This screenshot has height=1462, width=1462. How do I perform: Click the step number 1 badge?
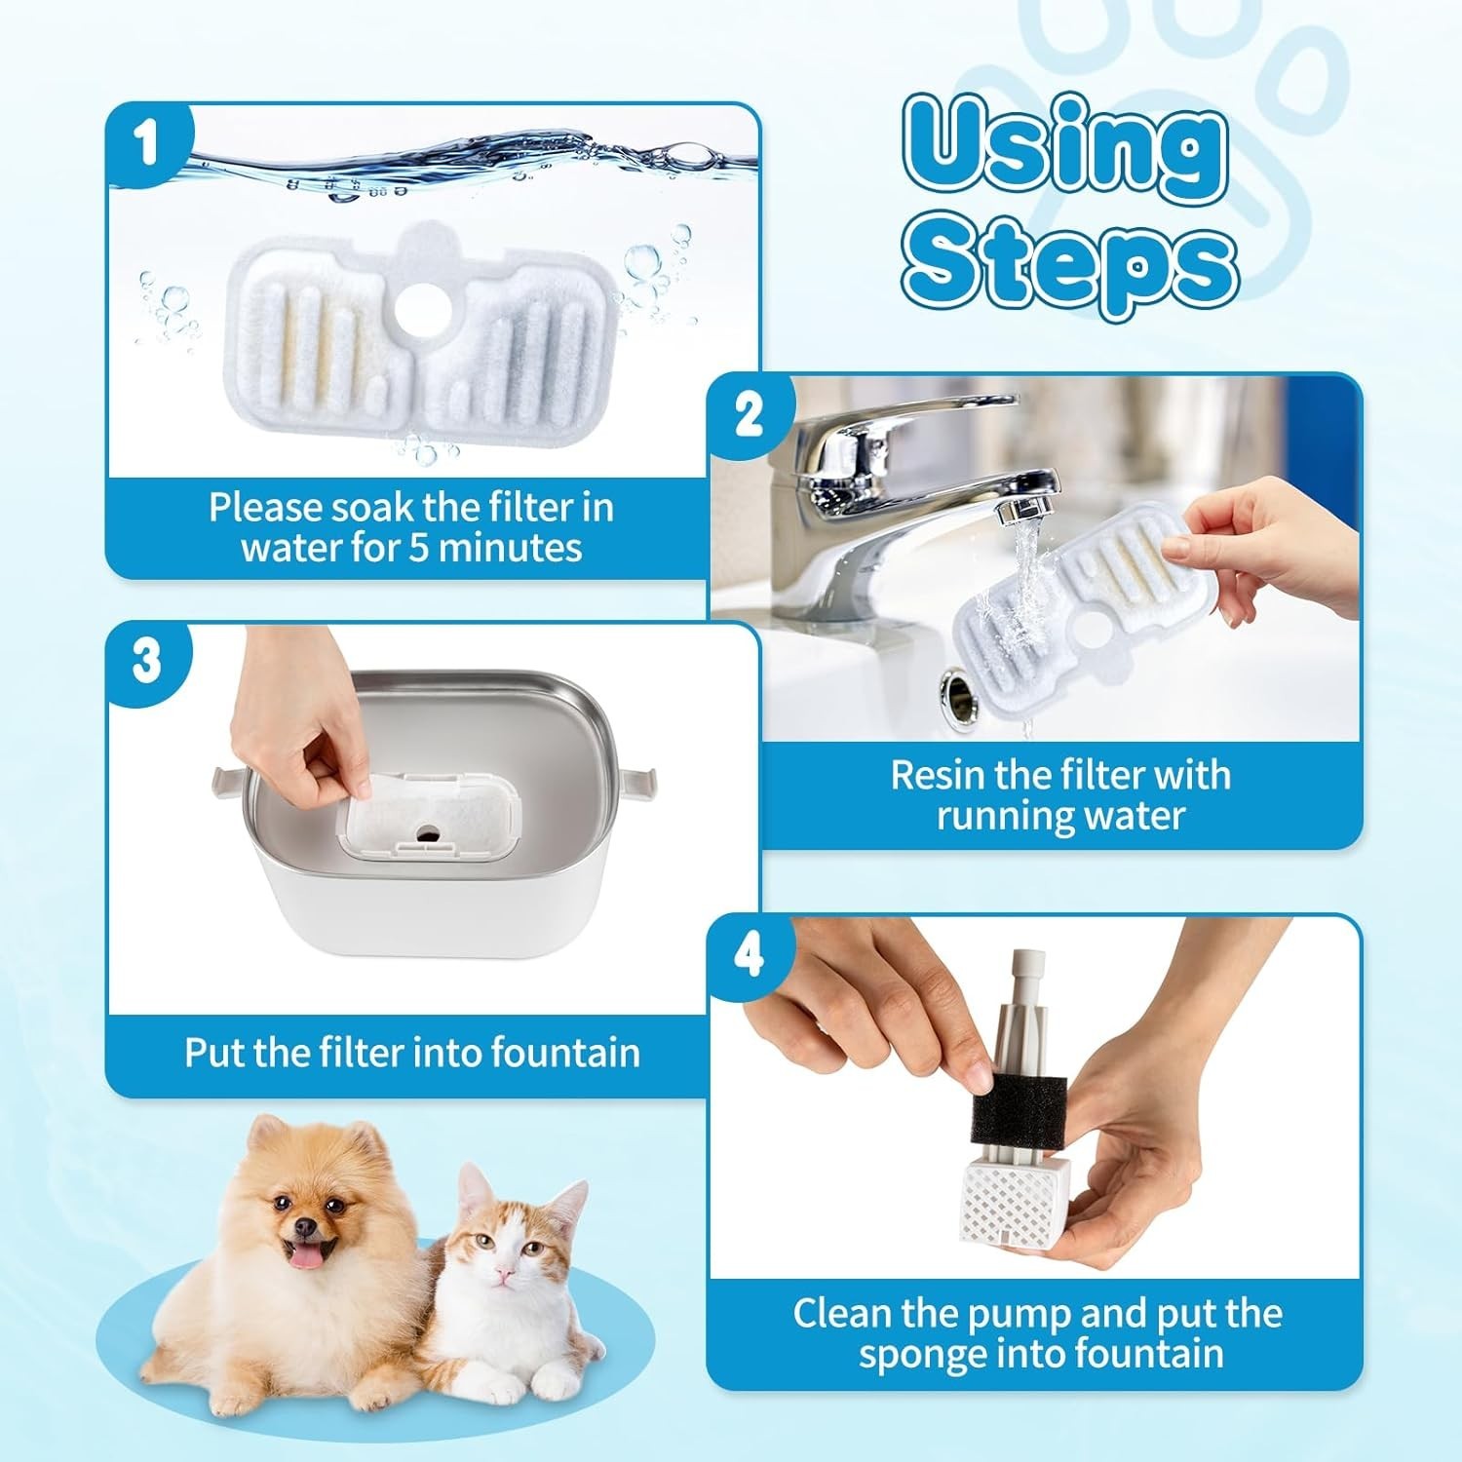147,144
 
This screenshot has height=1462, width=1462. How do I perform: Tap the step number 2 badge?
750,415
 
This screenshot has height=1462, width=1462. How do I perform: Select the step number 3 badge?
147,663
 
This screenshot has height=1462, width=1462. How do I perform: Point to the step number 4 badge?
750,956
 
